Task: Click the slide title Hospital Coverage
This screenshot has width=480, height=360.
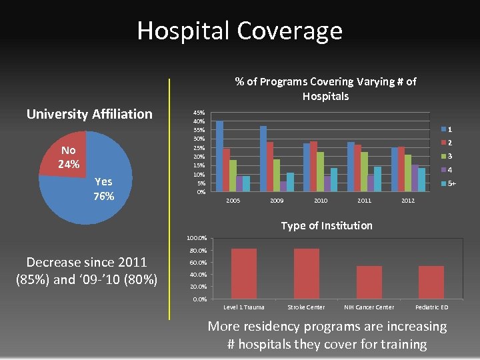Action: coord(239,31)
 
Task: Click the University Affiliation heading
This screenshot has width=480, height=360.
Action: coord(89,114)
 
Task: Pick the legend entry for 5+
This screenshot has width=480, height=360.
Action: coord(448,183)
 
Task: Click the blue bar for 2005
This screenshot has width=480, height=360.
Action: coord(220,156)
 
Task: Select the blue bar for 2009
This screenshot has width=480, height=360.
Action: coord(263,159)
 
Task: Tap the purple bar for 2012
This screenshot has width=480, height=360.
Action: coord(415,178)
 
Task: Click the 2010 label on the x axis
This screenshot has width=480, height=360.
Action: coord(321,201)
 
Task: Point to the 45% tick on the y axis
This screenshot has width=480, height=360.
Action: coord(199,113)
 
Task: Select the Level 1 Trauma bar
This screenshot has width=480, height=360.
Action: coord(243,273)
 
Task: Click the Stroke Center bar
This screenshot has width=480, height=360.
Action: coord(306,273)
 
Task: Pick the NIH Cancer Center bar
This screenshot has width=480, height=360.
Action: coord(369,282)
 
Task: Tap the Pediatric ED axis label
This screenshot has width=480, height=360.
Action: coord(431,307)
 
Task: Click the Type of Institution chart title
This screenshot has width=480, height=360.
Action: coord(327,225)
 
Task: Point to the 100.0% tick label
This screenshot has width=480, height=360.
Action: coord(197,238)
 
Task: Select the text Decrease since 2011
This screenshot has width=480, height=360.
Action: coord(87,262)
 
